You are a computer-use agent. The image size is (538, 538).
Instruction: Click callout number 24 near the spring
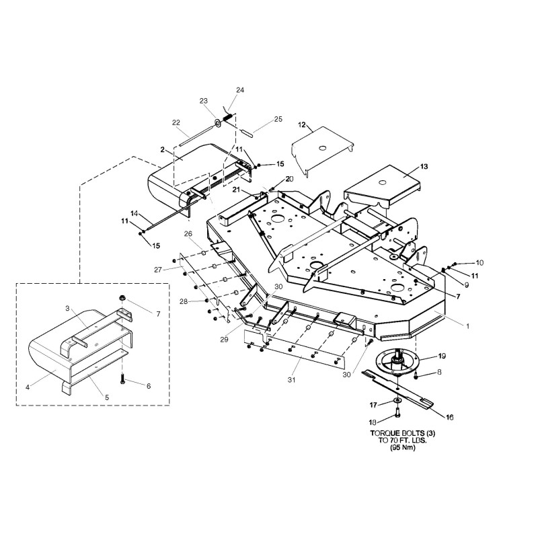(241, 90)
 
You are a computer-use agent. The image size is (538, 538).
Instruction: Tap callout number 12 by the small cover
(302, 125)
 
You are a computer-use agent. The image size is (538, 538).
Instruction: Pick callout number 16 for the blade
(449, 418)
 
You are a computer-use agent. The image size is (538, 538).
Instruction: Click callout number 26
(188, 234)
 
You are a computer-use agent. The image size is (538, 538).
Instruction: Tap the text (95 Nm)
(397, 448)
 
